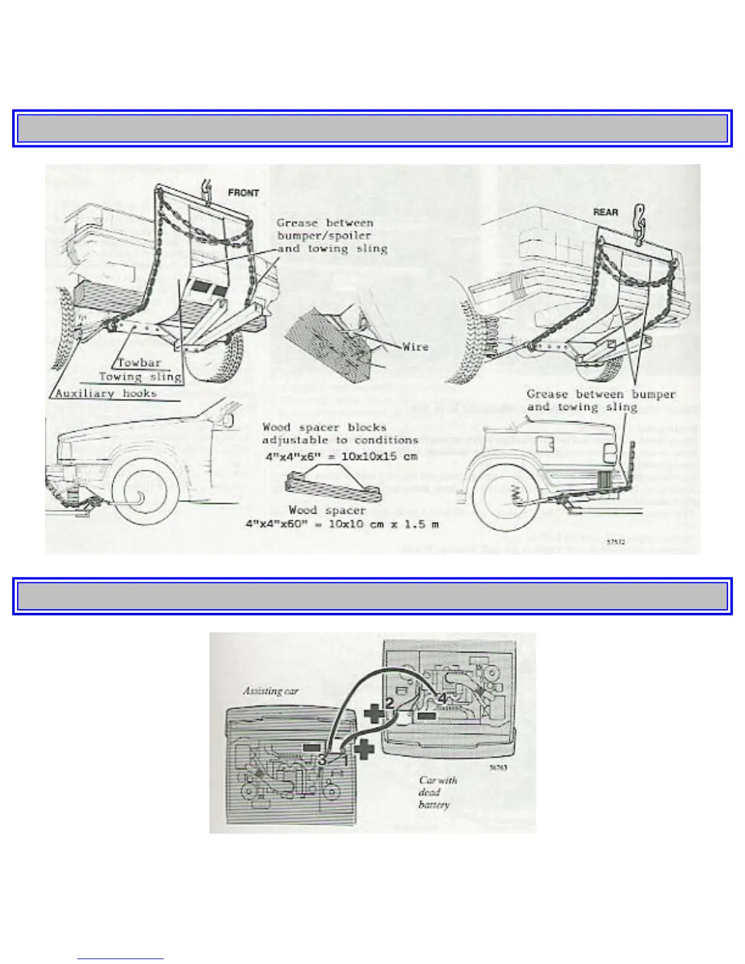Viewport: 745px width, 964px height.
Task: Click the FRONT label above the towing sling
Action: tap(243, 193)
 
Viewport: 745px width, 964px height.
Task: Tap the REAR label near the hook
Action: tap(605, 212)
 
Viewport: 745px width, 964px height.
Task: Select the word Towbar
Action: tap(139, 363)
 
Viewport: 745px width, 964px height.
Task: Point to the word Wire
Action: tap(415, 347)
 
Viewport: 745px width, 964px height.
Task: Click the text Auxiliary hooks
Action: tap(106, 393)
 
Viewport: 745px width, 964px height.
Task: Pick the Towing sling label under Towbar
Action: tap(141, 377)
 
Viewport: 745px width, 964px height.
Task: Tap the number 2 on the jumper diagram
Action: tap(390, 703)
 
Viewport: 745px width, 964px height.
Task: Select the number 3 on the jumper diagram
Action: tap(322, 760)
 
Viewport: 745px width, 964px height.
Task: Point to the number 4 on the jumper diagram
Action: tap(442, 699)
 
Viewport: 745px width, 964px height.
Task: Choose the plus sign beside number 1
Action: tap(363, 749)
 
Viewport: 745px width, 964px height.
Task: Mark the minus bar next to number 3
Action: tap(311, 747)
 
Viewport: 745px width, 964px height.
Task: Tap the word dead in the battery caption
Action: tap(428, 792)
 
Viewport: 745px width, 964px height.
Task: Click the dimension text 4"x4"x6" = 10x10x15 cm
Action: tap(341, 456)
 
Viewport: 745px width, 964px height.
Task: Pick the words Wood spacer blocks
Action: tap(324, 427)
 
